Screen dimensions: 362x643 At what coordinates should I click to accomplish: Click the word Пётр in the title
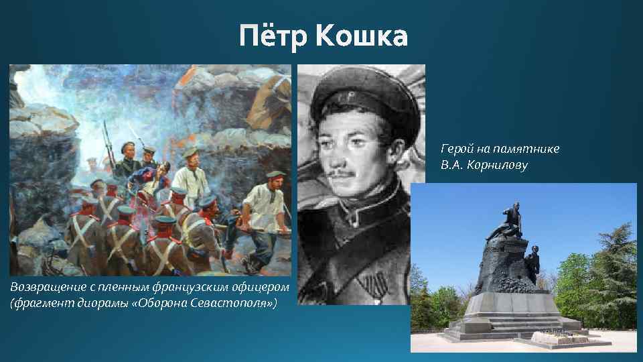click(x=275, y=35)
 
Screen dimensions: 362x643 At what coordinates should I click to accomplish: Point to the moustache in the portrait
click(x=349, y=174)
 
